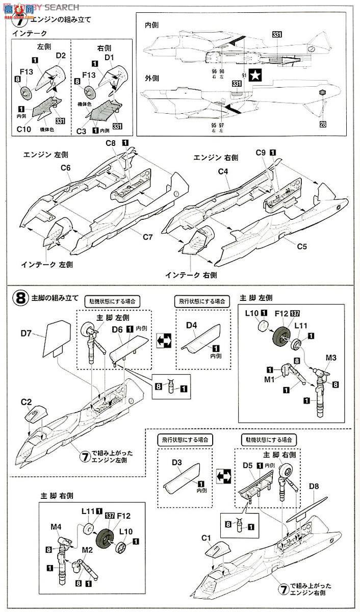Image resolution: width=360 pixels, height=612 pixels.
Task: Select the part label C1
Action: coord(206,538)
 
